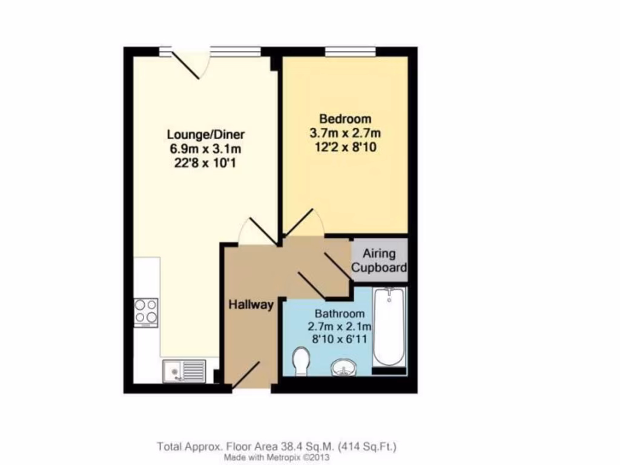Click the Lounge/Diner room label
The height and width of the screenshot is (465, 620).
tap(206, 134)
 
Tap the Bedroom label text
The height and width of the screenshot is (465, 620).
tap(345, 119)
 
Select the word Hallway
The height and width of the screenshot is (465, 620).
tap(251, 305)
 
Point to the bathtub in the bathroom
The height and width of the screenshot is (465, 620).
tap(388, 327)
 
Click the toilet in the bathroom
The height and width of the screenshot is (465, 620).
tap(300, 361)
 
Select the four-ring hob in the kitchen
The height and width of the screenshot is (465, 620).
tap(146, 312)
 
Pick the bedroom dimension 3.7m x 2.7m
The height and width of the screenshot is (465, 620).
tap(345, 133)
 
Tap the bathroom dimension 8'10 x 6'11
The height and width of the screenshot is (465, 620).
tap(340, 341)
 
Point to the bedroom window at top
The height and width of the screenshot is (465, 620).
tap(349, 52)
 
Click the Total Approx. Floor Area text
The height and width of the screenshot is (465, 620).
tap(277, 447)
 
